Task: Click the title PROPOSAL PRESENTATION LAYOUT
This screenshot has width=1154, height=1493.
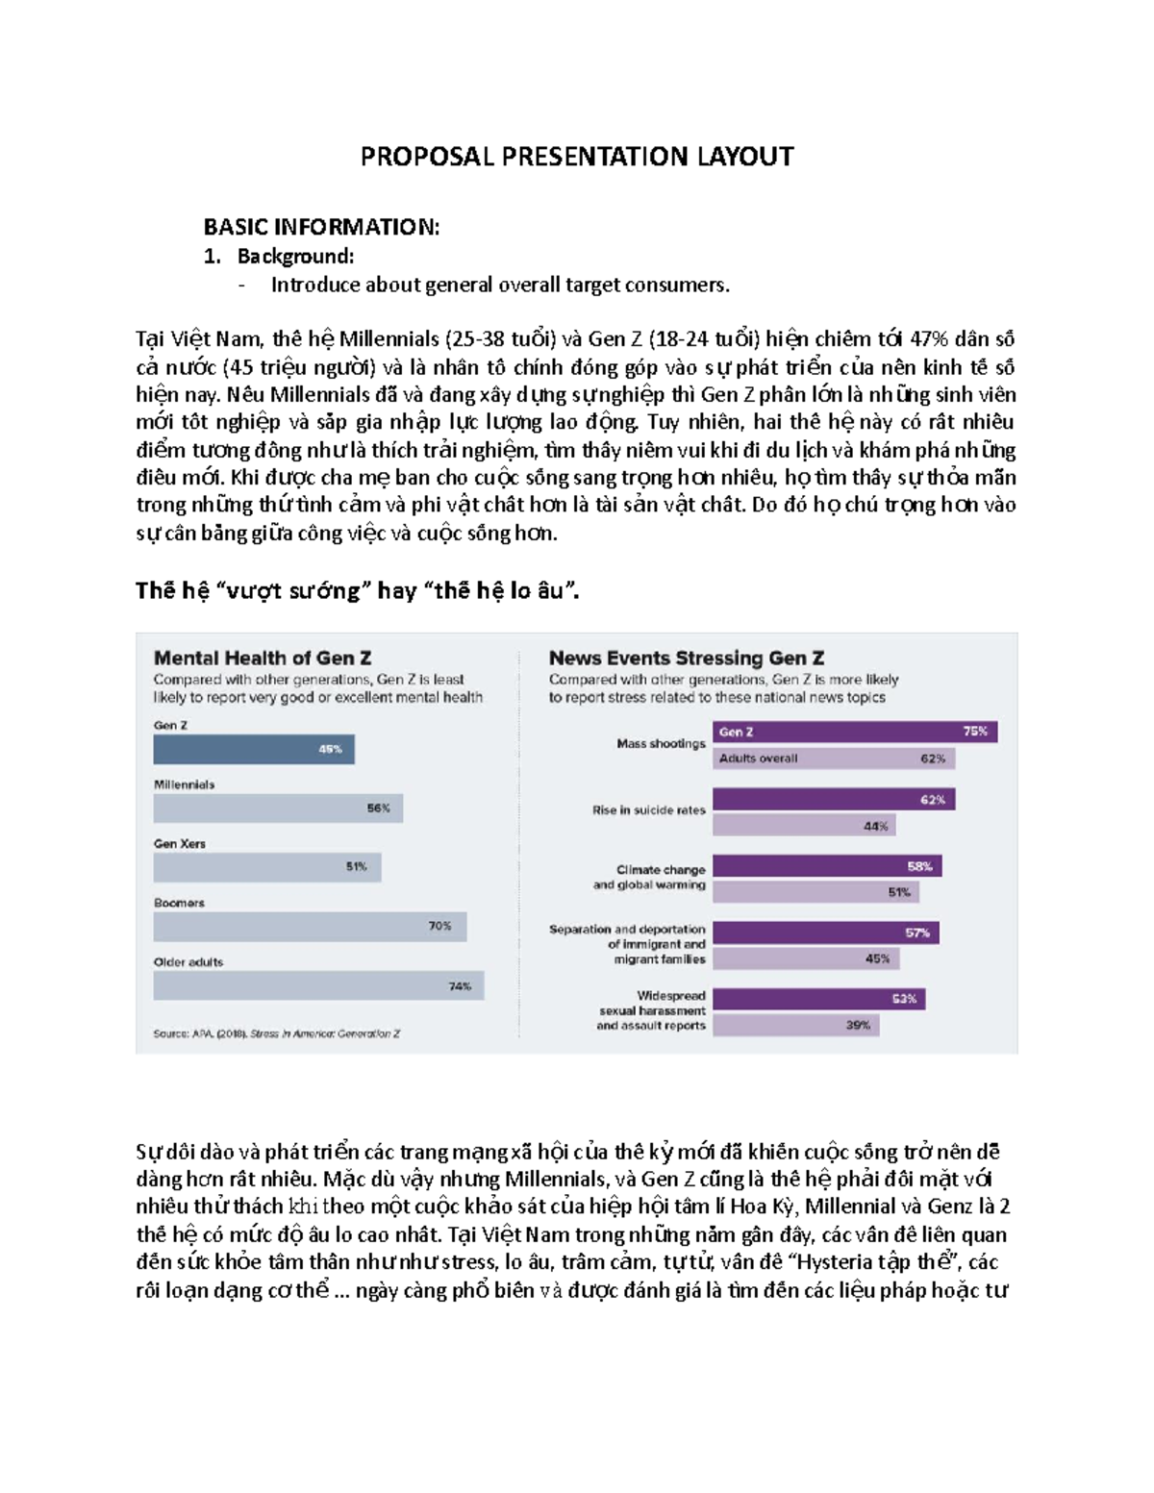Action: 577,157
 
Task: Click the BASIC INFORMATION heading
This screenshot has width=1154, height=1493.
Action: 321,227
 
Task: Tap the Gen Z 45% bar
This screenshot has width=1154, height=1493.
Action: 254,749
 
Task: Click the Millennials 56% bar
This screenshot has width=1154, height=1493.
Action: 278,809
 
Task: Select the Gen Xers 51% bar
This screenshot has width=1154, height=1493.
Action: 267,867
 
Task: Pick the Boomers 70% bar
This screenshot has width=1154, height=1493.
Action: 310,926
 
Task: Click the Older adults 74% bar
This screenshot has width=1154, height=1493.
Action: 318,985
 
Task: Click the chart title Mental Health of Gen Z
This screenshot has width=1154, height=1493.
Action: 263,659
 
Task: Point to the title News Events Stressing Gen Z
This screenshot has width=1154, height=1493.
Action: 686,659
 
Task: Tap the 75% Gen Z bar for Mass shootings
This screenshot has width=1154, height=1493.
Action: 855,732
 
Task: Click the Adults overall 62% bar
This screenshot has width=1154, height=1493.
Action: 834,759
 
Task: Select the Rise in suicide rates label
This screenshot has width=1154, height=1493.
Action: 648,810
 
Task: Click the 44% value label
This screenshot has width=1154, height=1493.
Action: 875,826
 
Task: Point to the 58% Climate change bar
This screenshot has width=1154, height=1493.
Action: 827,866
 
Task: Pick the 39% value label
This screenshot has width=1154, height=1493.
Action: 858,1026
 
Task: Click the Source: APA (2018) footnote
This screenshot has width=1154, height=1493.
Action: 276,1033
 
